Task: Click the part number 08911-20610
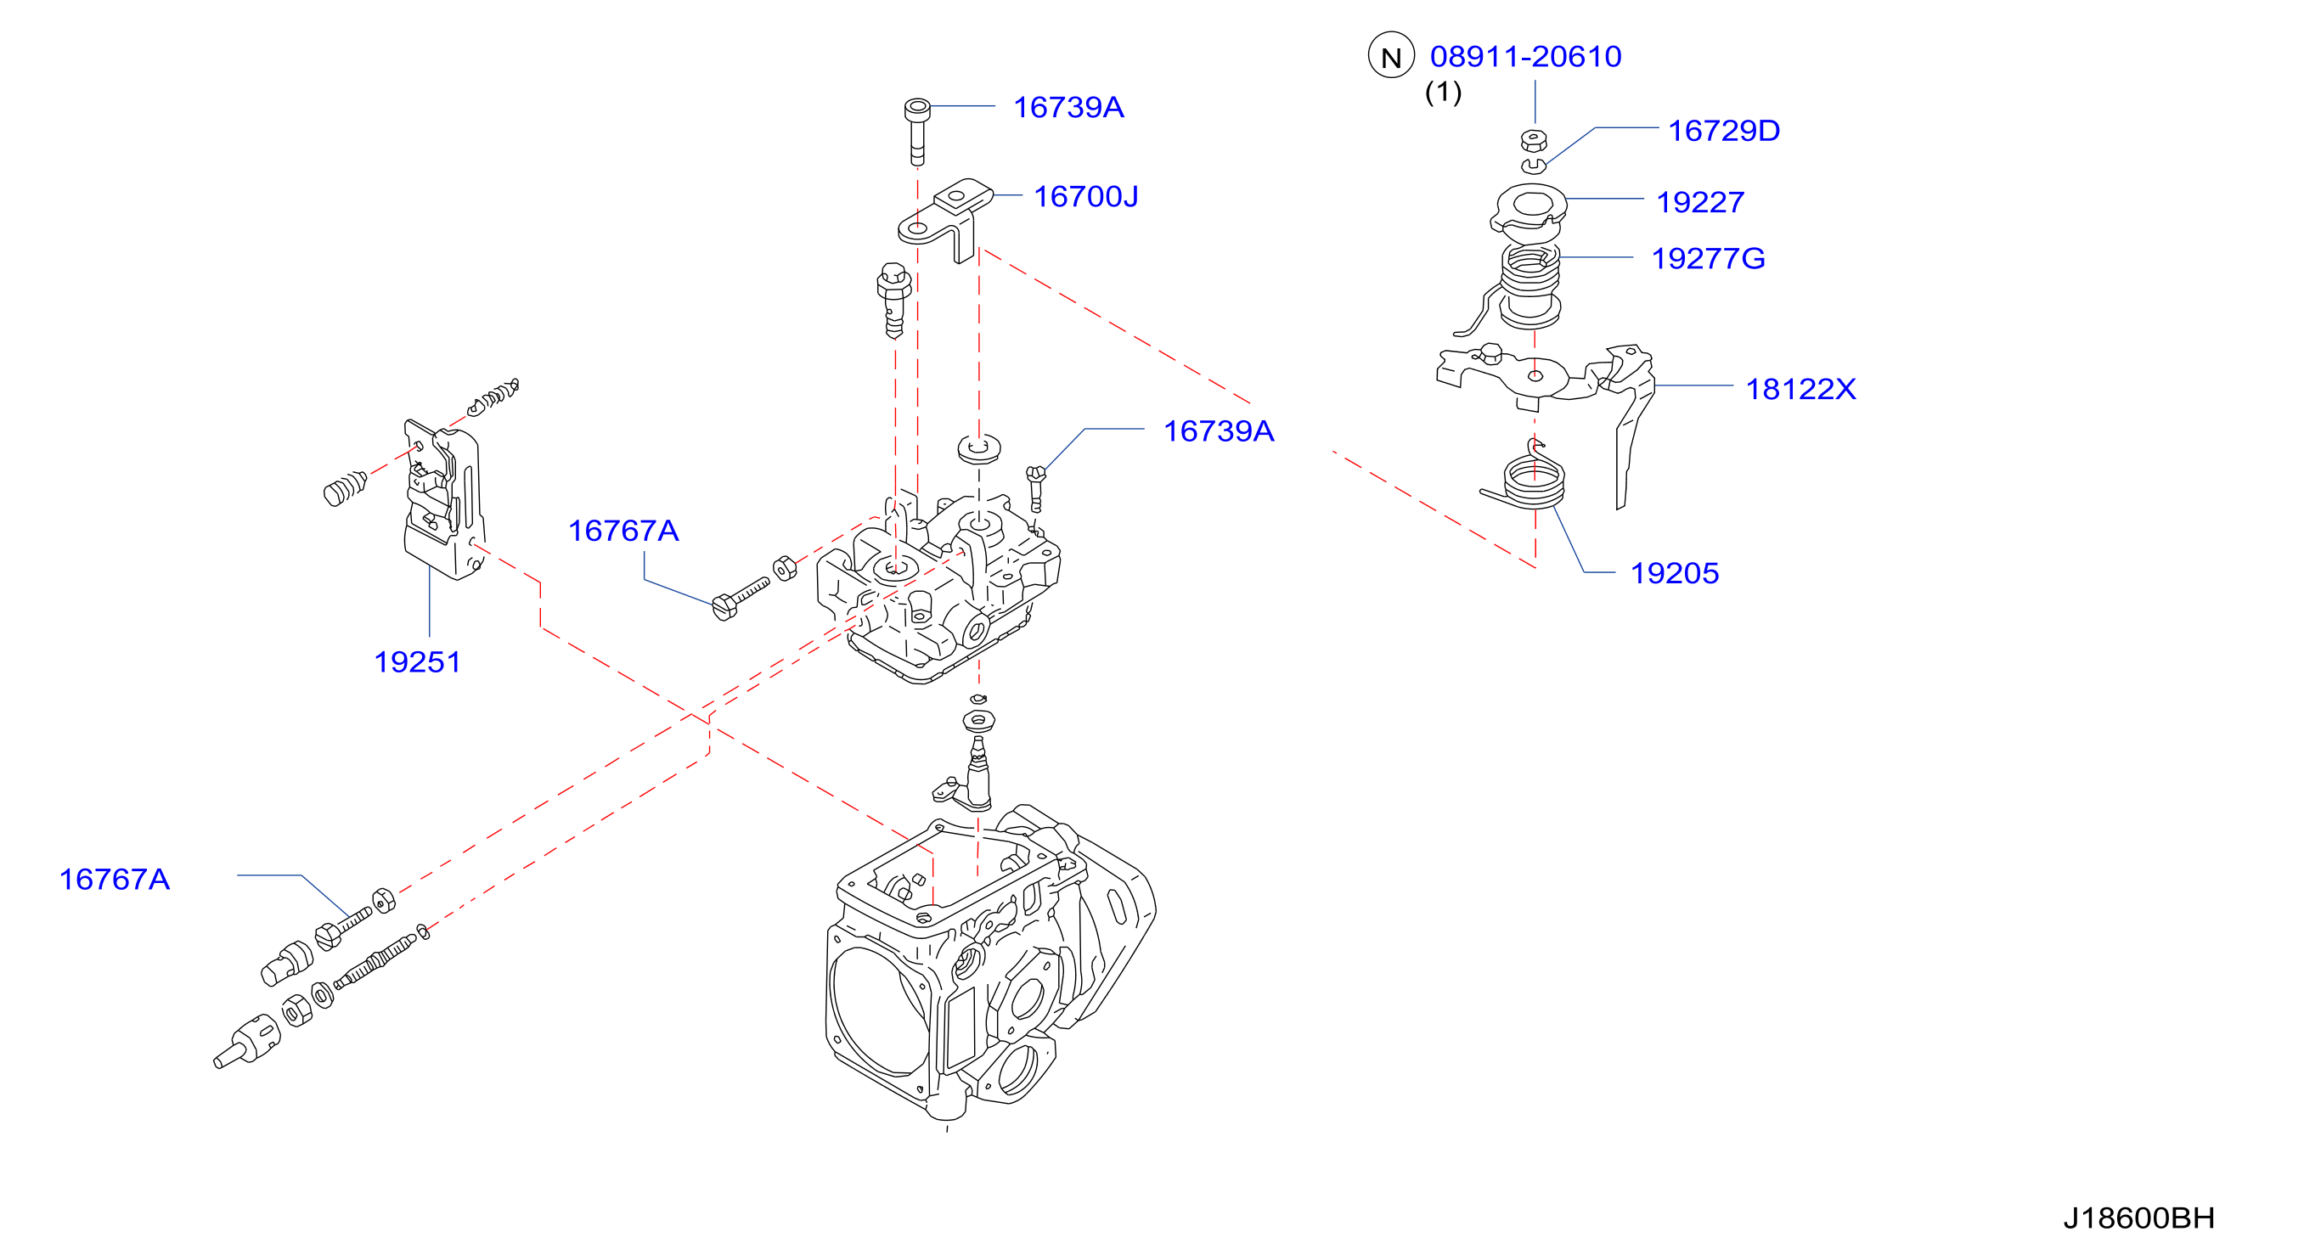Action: (1525, 56)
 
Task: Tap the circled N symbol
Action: (1391, 55)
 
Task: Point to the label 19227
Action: (1699, 202)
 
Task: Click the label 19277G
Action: (1708, 258)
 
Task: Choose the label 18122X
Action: (1800, 389)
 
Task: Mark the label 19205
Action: (1675, 573)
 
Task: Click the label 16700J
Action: (1086, 197)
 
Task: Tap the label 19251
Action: (417, 661)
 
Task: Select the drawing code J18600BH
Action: (2138, 1218)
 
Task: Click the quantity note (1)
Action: (1443, 91)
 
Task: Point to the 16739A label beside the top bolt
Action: (1068, 107)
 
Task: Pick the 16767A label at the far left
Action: (114, 879)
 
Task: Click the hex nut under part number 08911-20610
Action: (1534, 139)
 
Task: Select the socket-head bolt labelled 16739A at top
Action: (917, 132)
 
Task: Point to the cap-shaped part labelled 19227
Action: (1529, 211)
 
